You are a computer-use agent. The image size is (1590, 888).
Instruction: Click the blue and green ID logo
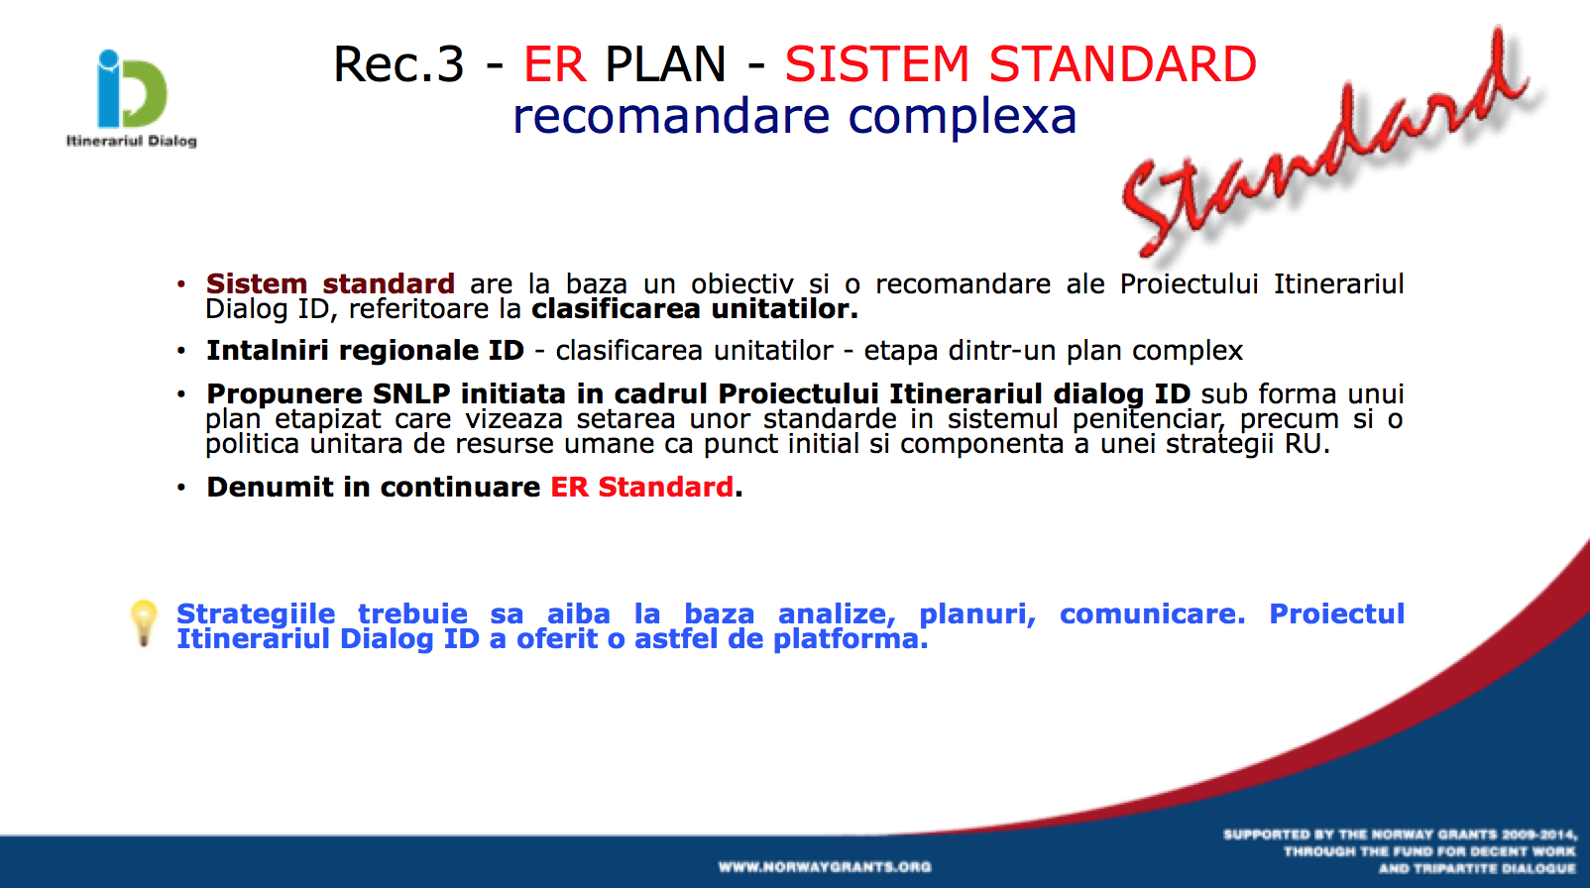(131, 89)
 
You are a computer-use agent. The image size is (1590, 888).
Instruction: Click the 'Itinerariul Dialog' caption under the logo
(131, 141)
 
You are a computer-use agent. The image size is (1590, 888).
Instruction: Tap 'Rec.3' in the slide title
(398, 63)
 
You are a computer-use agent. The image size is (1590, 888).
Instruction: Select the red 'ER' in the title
(555, 63)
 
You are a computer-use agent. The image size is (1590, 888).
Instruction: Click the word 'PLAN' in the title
(666, 63)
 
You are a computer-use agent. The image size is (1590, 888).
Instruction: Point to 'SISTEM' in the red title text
(876, 63)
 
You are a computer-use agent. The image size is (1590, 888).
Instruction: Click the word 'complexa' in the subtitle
(963, 117)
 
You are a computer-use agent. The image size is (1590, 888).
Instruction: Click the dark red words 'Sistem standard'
(330, 283)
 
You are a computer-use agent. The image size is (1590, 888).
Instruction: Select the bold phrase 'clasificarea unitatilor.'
(695, 309)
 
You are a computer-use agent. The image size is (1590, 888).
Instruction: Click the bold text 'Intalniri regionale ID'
(365, 351)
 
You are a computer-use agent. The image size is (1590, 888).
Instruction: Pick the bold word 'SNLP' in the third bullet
(411, 393)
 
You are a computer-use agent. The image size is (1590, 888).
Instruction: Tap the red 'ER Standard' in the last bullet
(641, 487)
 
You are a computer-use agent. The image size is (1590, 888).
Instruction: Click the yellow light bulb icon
(144, 623)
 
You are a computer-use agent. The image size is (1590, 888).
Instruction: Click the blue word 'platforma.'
(851, 639)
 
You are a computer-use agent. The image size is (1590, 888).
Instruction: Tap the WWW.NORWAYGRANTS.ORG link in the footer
(825, 867)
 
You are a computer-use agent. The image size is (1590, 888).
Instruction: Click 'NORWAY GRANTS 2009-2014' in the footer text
(1456, 834)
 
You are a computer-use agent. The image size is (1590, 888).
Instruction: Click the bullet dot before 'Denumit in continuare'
(181, 488)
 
